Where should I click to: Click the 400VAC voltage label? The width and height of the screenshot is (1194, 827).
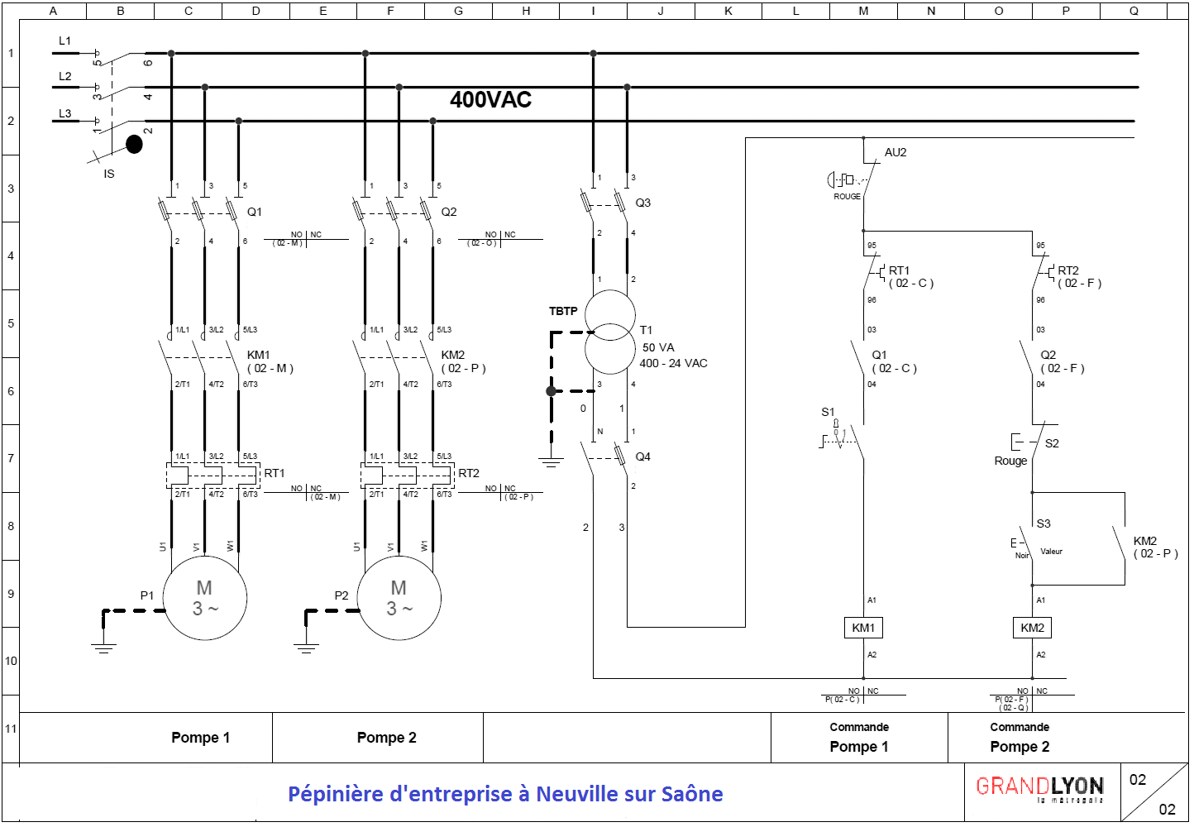490,100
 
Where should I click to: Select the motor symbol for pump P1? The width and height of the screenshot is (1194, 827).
204,598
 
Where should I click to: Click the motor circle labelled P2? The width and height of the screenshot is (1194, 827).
399,598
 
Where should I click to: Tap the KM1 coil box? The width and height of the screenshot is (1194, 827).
863,628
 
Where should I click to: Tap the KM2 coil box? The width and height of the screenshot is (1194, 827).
1032,628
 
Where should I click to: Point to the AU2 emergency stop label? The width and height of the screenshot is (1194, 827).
895,152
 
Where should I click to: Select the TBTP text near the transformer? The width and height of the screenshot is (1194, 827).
563,311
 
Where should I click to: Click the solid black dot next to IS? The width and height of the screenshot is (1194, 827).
134,145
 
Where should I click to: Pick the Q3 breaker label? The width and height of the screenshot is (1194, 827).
642,203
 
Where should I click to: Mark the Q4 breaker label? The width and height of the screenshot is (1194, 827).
642,457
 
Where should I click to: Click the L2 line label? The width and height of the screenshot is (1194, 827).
65,76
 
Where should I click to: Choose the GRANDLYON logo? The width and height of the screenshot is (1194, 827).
1039,788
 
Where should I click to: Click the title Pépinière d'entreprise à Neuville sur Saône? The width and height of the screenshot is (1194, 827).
505,794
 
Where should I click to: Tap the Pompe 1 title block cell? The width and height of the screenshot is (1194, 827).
200,738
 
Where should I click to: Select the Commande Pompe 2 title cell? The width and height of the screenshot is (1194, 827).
1020,738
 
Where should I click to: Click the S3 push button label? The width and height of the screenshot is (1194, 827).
1044,523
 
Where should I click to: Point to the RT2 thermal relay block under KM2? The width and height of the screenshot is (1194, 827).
407,476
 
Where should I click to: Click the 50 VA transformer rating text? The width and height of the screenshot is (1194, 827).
658,347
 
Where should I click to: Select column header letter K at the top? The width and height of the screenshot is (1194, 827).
728,11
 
